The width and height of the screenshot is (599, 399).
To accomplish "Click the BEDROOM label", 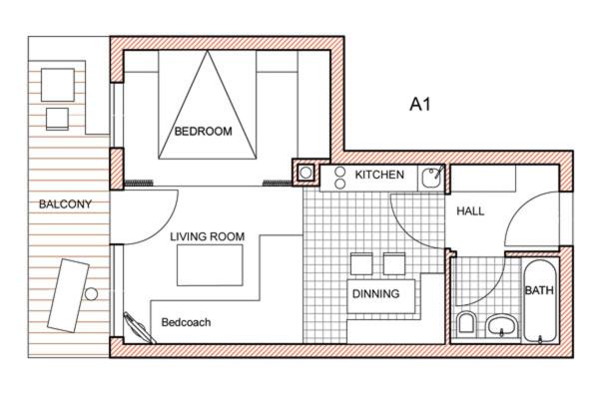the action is point(204,132).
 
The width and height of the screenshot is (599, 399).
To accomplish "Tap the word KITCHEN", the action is point(379,175).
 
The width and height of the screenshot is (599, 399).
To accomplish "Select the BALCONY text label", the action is point(65,203).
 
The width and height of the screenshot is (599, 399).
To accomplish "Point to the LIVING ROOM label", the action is point(208,236).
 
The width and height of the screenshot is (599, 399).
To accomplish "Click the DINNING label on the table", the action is point(376,293).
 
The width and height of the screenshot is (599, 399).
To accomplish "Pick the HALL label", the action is point(470,211).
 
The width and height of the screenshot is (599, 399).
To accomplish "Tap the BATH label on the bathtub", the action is point(539,290).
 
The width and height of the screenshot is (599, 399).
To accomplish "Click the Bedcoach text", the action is point(186,322).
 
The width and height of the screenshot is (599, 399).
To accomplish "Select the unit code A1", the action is point(420,104).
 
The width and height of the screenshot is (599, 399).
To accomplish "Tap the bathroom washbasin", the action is point(501,326).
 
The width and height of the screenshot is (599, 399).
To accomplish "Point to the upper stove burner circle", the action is point(339,172).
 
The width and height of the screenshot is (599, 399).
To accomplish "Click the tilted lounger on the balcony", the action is point(68,295).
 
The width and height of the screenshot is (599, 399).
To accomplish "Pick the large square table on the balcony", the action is point(58,85).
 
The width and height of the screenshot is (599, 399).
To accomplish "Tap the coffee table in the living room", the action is point(210,265).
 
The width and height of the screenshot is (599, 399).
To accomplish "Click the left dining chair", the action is point(361,263).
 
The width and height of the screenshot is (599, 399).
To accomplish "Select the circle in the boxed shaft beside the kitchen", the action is point(305,173).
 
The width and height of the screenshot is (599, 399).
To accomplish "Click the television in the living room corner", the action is point(140,328).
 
